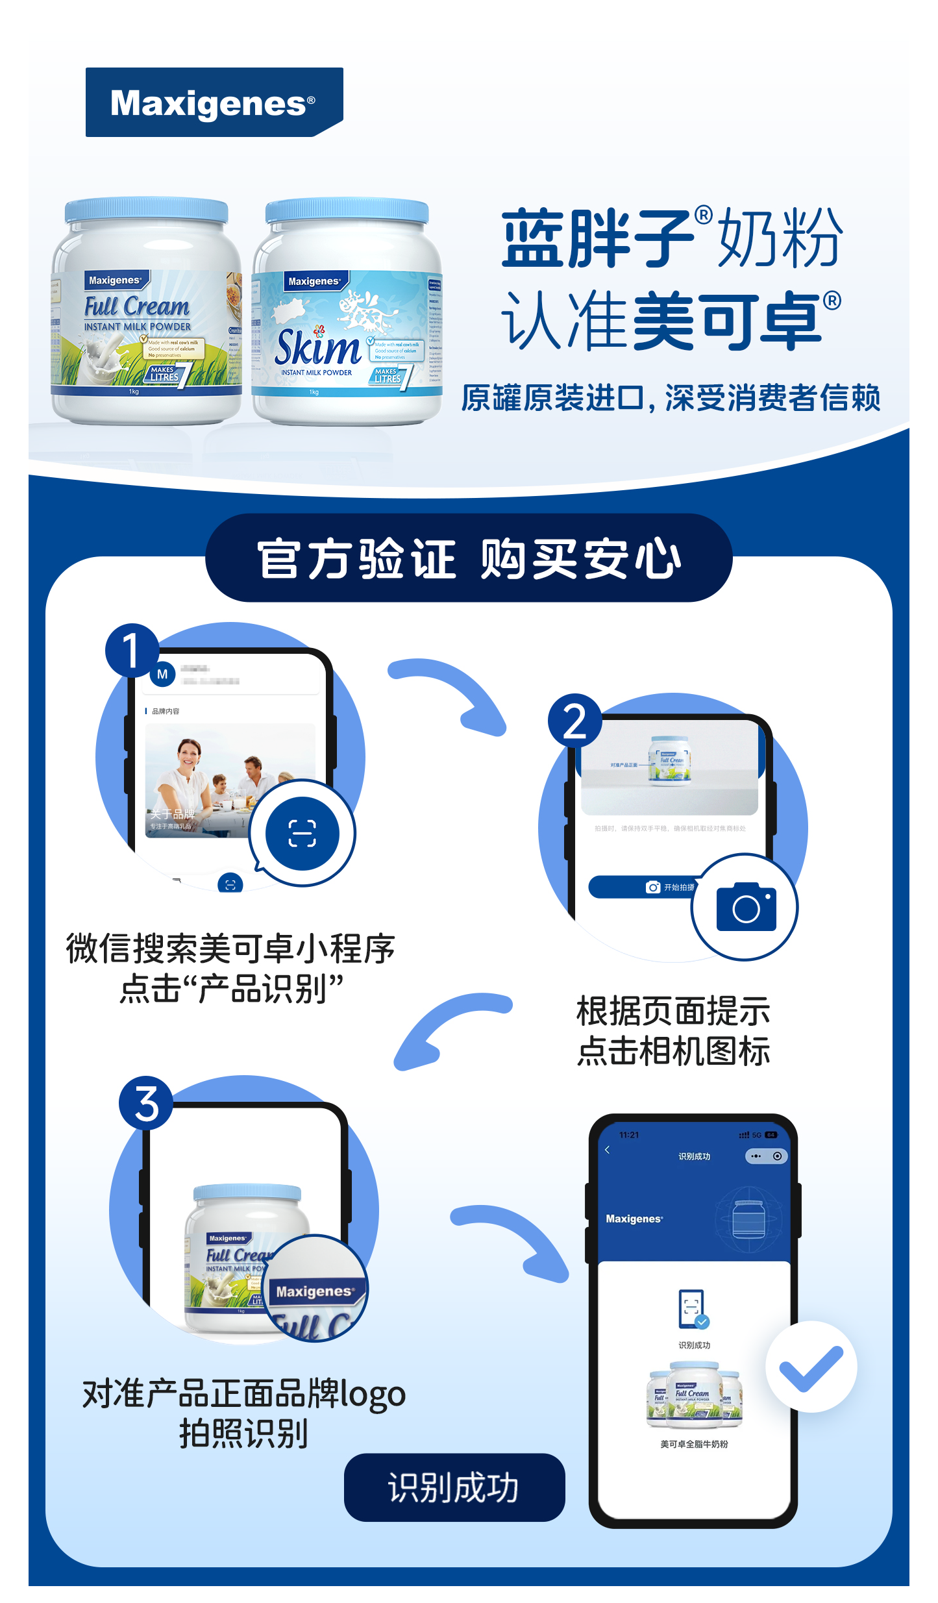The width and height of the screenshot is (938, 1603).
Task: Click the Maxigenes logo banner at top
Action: pos(214,103)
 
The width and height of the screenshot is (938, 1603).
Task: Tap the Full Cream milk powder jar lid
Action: pos(147,211)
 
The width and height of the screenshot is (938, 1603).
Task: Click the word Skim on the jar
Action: pos(317,348)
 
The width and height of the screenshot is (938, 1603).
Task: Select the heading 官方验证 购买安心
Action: pos(469,558)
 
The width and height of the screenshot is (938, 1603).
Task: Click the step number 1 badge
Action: pos(132,651)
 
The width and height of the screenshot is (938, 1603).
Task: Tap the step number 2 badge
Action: pos(574,721)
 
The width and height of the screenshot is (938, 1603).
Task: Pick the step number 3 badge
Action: pos(146,1103)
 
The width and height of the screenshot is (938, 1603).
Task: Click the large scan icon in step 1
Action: pos(302,833)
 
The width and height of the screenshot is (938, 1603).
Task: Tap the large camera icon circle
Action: pos(745,907)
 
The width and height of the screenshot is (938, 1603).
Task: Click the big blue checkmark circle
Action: pos(811,1367)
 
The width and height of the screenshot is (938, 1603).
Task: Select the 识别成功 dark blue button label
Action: pos(454,1487)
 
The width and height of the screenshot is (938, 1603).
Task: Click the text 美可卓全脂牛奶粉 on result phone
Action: pos(694,1444)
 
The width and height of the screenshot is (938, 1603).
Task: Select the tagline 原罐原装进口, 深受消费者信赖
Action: pos(671,398)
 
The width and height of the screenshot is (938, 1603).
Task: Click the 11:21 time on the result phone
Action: pos(629,1135)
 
